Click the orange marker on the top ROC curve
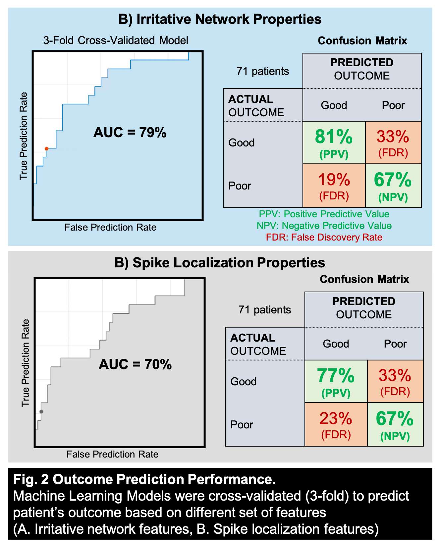tap(47, 149)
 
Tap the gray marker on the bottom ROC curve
tap(41, 412)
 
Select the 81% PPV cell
tap(334, 143)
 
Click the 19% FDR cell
tap(334, 186)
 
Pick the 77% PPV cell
tap(336, 381)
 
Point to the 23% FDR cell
tap(336, 424)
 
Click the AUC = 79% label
tap(130, 133)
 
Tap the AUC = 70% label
tap(135, 364)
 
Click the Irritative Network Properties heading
tap(220, 19)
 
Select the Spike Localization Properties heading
tap(220, 263)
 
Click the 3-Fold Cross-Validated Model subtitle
tap(116, 40)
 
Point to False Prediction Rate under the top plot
tap(110, 227)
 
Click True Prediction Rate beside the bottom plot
tap(26, 363)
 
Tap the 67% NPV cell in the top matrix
tap(393, 186)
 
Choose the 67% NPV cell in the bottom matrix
tap(395, 424)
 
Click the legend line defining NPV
tap(324, 226)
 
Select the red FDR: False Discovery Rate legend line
tap(324, 237)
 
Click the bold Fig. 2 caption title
tap(144, 479)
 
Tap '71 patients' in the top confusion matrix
tap(263, 71)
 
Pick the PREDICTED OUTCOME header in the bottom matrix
tap(364, 308)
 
